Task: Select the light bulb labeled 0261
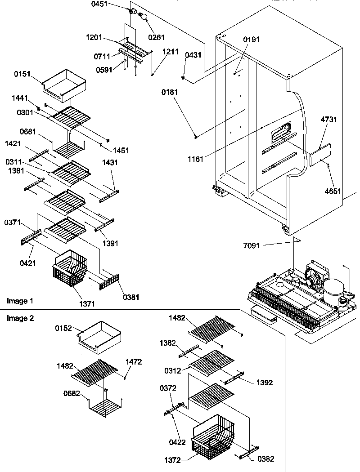(145, 17)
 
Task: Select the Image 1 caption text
(20, 300)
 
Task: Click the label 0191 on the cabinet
(252, 40)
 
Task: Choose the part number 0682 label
(72, 393)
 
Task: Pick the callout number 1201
(95, 38)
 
